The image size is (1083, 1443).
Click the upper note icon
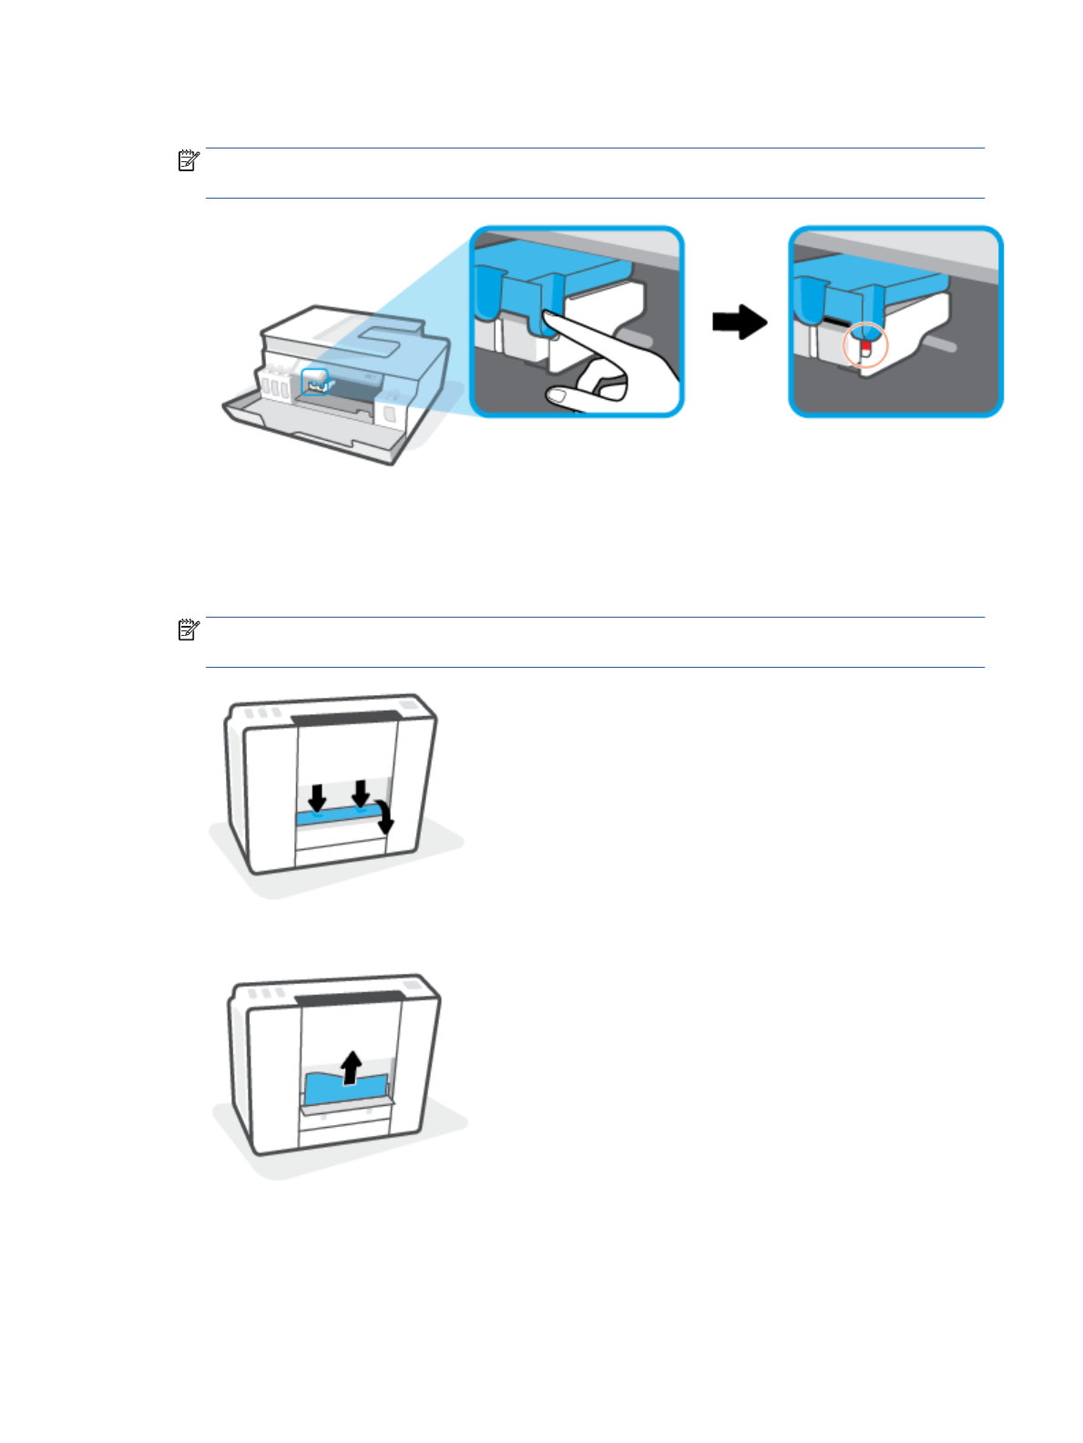tap(188, 161)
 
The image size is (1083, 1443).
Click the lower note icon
tap(188, 629)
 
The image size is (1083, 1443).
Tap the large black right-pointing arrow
tap(740, 322)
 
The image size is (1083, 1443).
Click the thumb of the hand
tap(558, 394)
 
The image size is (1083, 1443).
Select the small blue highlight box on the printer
tap(314, 382)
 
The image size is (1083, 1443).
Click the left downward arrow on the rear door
tap(317, 797)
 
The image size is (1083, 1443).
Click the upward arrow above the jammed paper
tap(351, 1067)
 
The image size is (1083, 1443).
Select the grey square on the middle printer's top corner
tap(409, 705)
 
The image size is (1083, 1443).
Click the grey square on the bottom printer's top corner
tap(413, 985)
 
